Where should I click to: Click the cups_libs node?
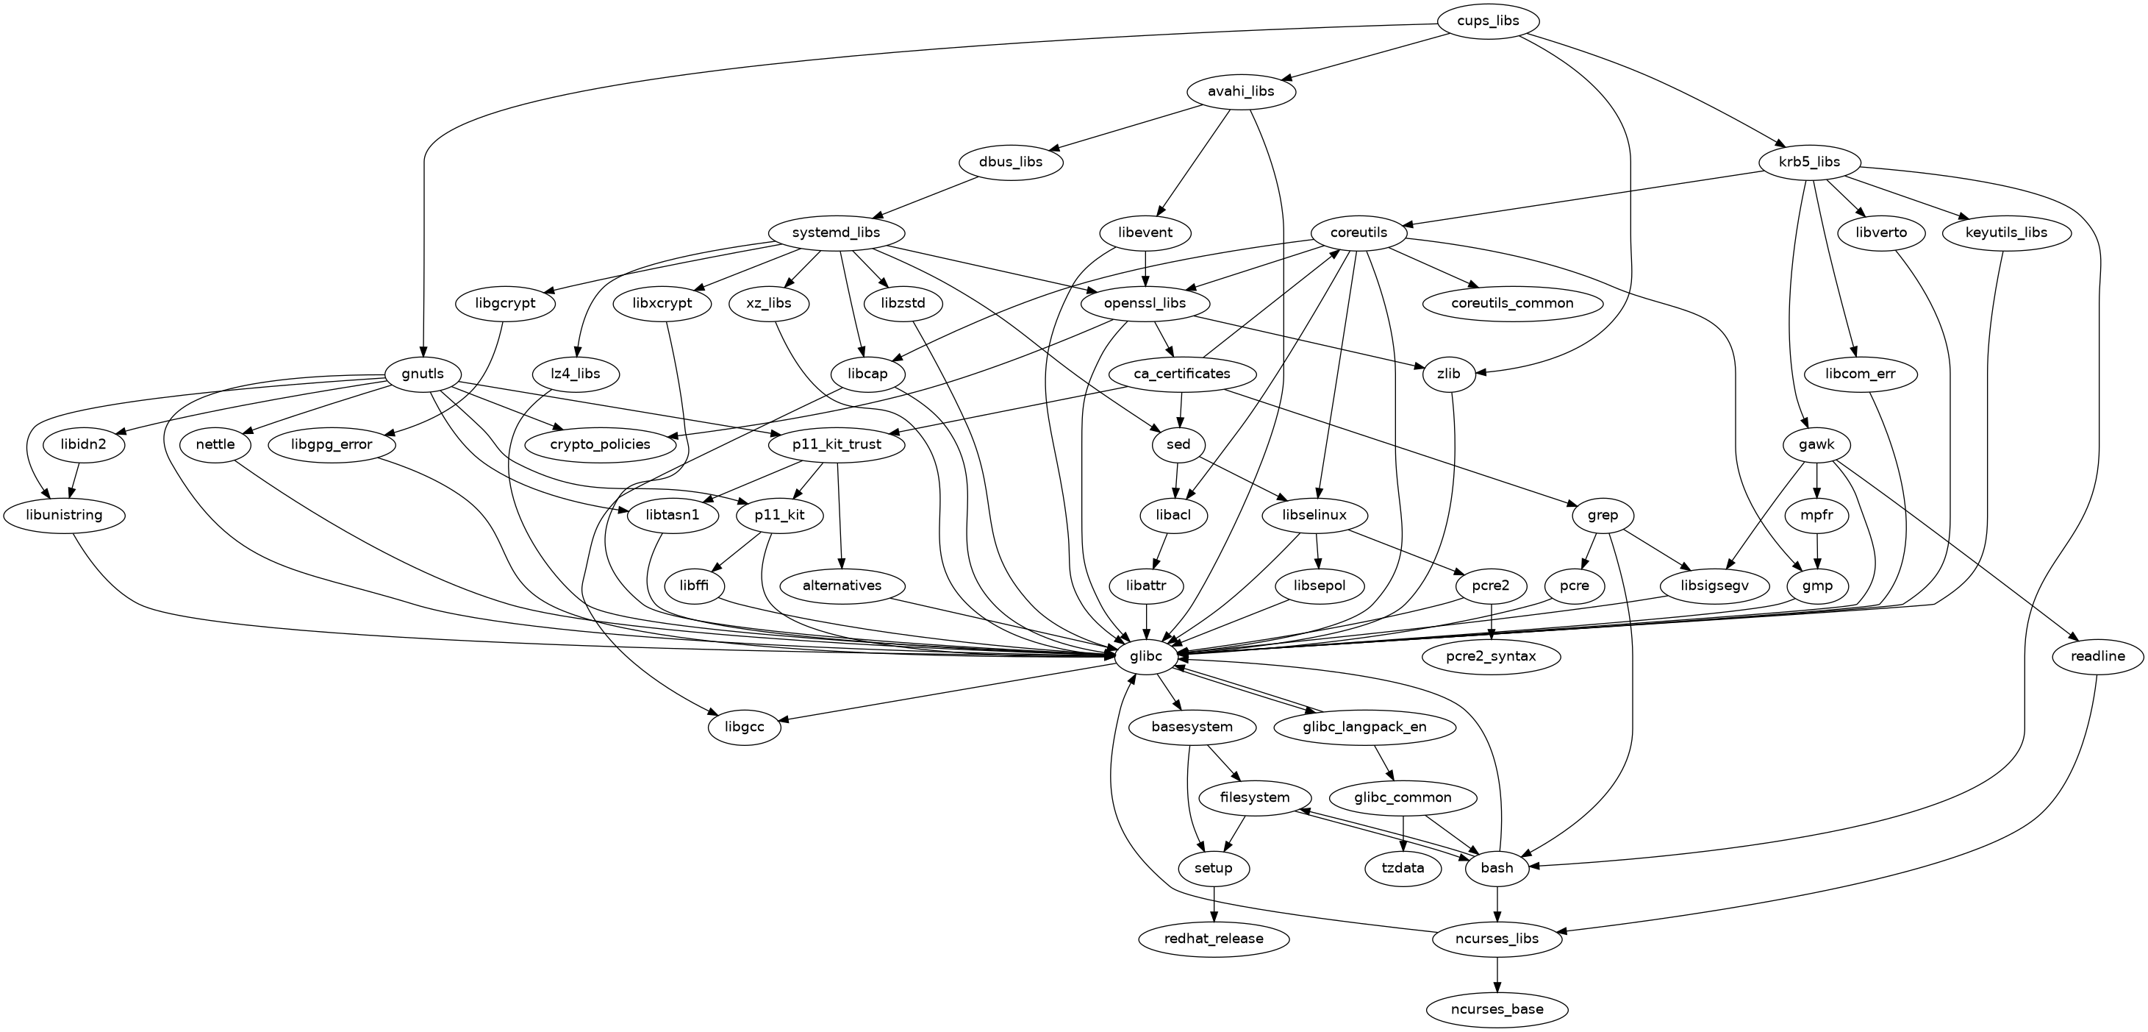point(1489,21)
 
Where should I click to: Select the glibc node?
point(1146,657)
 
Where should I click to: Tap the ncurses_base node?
point(1497,1009)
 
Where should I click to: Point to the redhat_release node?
point(1213,939)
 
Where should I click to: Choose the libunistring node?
point(64,515)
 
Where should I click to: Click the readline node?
point(2097,657)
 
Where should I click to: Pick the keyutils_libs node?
point(2006,232)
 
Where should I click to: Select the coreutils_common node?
point(1512,303)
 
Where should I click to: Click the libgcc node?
point(745,727)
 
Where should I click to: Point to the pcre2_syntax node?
point(1491,657)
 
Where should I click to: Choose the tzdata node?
point(1403,869)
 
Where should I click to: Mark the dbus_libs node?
point(1012,162)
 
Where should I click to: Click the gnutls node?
point(422,374)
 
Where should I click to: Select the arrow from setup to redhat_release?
point(1213,903)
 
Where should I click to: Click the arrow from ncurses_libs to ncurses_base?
point(1497,975)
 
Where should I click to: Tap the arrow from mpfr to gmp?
point(1817,551)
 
